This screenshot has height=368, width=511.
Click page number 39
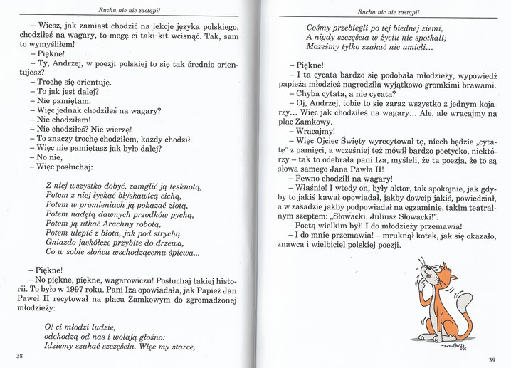pos(491,359)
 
